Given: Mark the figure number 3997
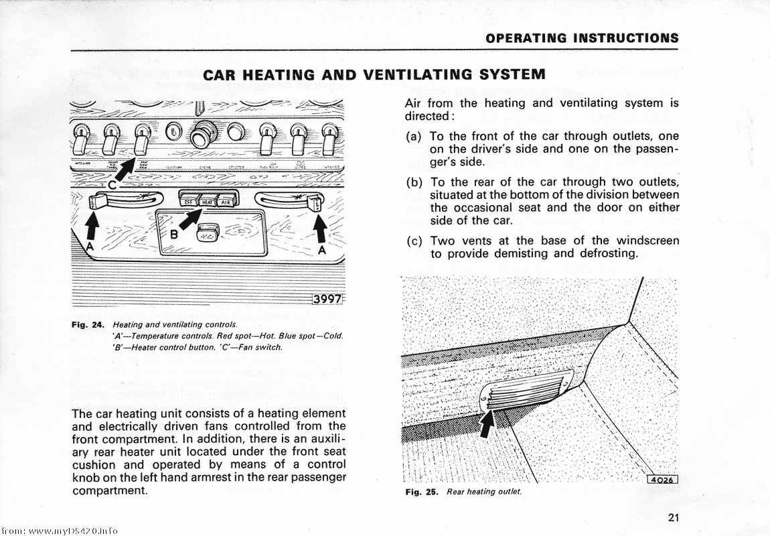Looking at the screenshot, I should tap(327, 299).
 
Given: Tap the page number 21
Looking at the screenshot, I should tap(674, 517).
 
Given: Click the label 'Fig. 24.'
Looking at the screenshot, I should tap(88, 326).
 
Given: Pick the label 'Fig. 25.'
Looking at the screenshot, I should tap(422, 492).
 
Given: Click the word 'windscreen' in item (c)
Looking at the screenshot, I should tap(647, 241).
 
